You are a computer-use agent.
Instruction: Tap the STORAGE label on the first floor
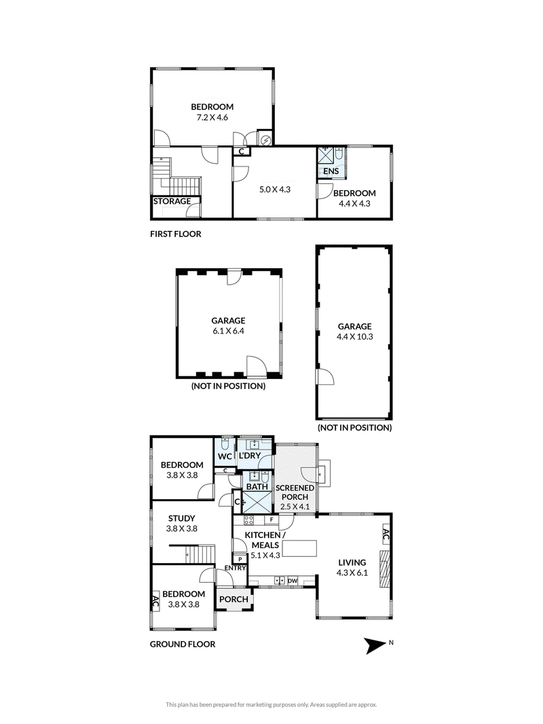click(172, 201)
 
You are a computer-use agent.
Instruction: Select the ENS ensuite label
click(331, 171)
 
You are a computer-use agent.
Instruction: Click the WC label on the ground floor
click(225, 456)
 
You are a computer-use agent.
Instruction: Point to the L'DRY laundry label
click(250, 456)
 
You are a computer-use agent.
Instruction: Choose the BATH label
click(257, 487)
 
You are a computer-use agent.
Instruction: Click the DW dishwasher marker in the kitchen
click(293, 581)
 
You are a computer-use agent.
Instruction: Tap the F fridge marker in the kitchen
click(272, 520)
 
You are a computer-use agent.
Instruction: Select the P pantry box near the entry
click(240, 559)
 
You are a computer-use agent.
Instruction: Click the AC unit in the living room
click(386, 535)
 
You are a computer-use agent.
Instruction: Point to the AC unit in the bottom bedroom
click(155, 601)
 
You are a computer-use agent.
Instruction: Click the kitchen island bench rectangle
click(299, 549)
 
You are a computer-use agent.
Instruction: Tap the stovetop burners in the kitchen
click(248, 520)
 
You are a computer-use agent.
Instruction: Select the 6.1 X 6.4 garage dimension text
click(228, 331)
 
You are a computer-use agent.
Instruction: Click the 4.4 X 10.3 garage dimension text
click(355, 337)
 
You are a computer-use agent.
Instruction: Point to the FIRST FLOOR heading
click(176, 234)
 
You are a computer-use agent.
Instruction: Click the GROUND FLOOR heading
click(183, 644)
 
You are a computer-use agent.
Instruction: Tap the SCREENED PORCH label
click(295, 492)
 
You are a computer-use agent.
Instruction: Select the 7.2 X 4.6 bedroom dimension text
click(212, 117)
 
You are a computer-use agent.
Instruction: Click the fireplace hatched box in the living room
click(385, 568)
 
